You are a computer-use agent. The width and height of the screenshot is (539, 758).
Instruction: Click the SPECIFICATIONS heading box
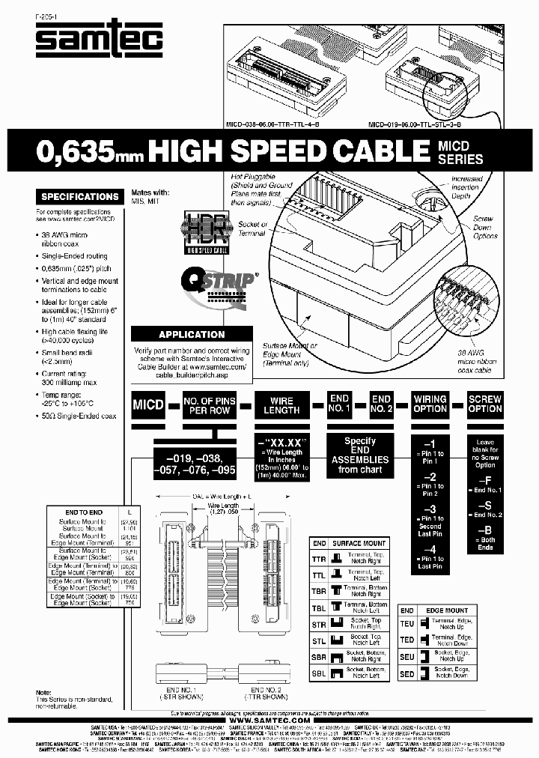coord(80,197)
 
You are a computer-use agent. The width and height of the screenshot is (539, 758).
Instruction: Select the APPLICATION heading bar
coord(192,335)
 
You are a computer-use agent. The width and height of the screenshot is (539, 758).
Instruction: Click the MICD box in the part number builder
coord(148,405)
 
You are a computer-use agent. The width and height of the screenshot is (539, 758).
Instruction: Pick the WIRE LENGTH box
coord(281,405)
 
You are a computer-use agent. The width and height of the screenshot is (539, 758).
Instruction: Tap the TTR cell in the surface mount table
coord(319,559)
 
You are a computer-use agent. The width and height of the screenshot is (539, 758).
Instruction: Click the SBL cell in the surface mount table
coord(319,674)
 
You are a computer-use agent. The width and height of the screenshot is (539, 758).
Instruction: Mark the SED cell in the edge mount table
coord(407,674)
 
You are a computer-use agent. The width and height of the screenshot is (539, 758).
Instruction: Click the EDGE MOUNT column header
coord(448,611)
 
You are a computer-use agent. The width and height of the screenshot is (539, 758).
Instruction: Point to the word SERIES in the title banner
coord(460,160)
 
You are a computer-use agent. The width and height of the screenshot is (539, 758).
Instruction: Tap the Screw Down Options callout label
coord(485,228)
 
